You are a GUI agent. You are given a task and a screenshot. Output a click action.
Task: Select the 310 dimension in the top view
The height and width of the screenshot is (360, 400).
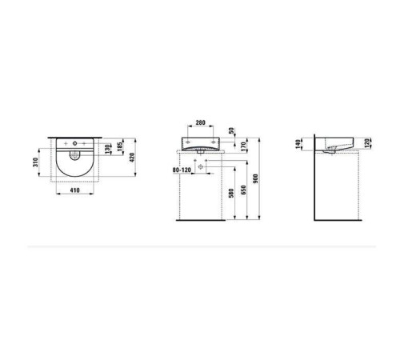(35, 166)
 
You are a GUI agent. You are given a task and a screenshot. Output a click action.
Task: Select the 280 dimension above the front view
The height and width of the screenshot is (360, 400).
(200, 124)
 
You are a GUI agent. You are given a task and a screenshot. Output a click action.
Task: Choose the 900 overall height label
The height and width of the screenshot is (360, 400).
(254, 179)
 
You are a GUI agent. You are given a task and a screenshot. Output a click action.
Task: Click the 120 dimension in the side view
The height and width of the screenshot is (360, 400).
(367, 144)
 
